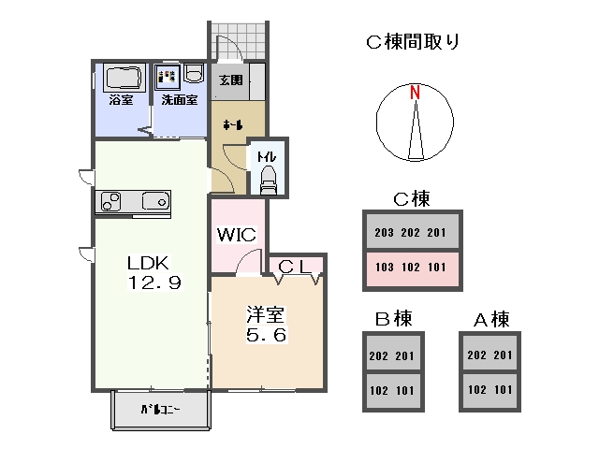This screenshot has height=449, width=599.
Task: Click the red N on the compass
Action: [414, 92]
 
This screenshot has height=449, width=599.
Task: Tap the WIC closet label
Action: [237, 235]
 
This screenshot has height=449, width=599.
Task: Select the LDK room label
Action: [147, 262]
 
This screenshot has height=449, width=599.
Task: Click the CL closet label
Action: [295, 267]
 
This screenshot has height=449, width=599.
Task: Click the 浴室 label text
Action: [121, 99]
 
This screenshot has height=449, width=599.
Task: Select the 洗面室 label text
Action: [179, 99]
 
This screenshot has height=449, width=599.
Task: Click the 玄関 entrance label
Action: [231, 80]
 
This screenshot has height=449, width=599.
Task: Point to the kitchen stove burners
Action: [110, 201]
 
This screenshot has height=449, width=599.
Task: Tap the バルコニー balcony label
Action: [160, 410]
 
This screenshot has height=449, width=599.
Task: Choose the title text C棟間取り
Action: [412, 40]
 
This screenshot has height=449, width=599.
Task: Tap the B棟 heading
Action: [393, 319]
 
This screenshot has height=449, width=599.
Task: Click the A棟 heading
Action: [490, 319]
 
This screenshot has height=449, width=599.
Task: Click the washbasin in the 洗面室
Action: [194, 74]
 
